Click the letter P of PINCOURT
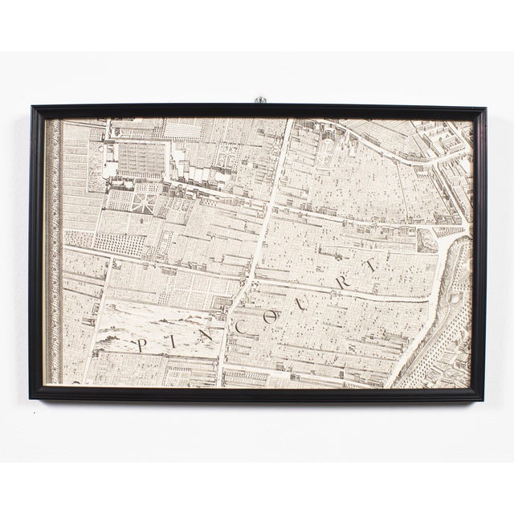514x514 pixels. [x=143, y=345]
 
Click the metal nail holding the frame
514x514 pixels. [x=259, y=100]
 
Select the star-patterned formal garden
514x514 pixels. [x=145, y=198]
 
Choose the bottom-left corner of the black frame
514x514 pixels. [x=31, y=397]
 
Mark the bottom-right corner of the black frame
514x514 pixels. [x=483, y=398]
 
